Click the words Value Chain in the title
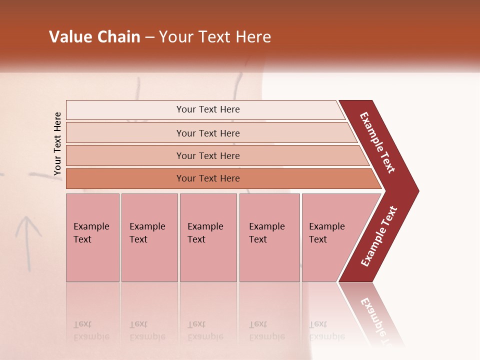[x=94, y=37]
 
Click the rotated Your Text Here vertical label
[x=57, y=144]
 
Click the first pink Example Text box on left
[x=92, y=237]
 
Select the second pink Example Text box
[x=149, y=237]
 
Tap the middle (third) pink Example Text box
[x=208, y=237]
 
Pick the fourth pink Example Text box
[x=269, y=237]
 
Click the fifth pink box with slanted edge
[x=330, y=237]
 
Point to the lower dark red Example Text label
[x=379, y=236]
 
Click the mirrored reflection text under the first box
[x=91, y=330]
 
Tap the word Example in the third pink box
[x=205, y=226]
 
